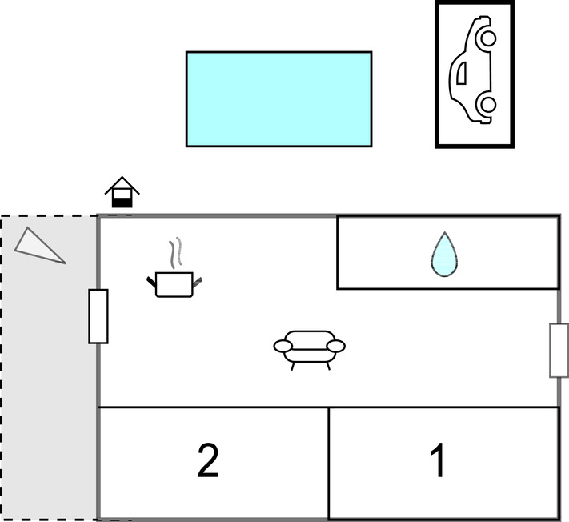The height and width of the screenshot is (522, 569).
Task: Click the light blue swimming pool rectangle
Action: tap(278, 99)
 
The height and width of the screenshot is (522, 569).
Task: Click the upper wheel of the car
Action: tap(488, 38)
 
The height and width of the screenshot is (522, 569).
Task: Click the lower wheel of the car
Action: tap(488, 105)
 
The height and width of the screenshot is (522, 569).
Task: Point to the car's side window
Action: tap(461, 73)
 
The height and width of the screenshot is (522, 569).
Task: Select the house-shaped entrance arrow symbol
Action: tap(122, 192)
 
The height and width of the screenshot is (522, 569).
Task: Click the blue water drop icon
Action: tap(444, 255)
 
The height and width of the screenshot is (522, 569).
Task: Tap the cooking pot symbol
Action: tap(174, 284)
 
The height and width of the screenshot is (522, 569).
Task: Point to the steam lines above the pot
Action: tap(175, 253)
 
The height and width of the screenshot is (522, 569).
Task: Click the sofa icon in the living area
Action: tap(309, 350)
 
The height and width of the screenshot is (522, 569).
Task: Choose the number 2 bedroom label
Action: tap(208, 461)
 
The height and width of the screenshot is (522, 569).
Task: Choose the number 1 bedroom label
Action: tap(438, 460)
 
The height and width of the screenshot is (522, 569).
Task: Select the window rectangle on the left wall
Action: tap(98, 316)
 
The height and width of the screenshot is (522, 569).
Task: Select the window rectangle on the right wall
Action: tap(559, 351)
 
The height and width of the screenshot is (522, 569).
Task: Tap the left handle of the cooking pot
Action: tap(151, 282)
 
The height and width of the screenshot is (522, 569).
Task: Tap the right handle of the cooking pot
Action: tap(198, 282)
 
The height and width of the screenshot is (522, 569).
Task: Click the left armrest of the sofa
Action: tap(282, 347)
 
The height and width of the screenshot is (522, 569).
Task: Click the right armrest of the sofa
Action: tap(335, 347)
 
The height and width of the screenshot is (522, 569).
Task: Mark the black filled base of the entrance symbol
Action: tap(122, 203)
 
